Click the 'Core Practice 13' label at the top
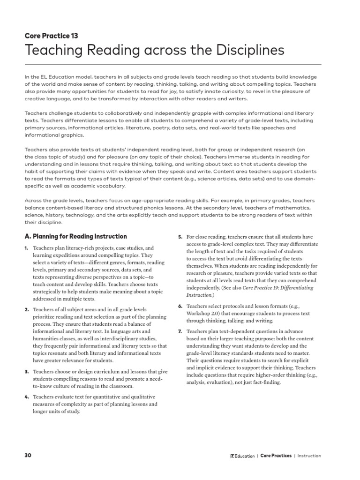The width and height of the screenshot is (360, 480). click(51, 35)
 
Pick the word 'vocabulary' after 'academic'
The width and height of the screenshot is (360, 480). click(112, 186)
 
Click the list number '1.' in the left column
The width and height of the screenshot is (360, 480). click(27, 247)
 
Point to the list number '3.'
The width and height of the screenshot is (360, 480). click(27, 372)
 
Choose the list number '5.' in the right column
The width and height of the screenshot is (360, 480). click(180, 237)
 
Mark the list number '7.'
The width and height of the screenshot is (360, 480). click(180, 332)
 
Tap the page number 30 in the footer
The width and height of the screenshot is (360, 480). click(28, 455)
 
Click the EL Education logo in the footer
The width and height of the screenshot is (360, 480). click(242, 456)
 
